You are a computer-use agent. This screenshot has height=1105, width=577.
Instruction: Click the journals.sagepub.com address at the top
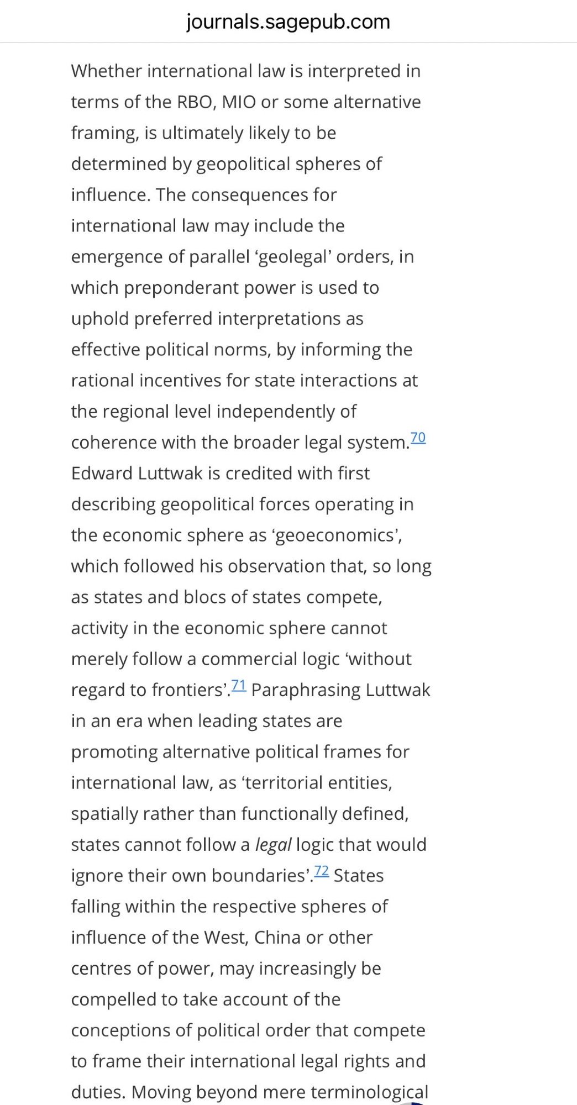(288, 22)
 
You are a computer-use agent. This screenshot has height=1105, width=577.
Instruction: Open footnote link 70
(418, 438)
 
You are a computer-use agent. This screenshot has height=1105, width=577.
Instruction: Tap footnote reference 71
(239, 685)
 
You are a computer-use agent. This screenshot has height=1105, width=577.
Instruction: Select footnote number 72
(321, 871)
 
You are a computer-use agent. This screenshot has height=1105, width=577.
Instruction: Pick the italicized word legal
(273, 845)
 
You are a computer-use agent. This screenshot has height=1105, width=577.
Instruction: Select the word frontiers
(188, 690)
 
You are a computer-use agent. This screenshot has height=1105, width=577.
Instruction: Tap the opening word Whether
(107, 71)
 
